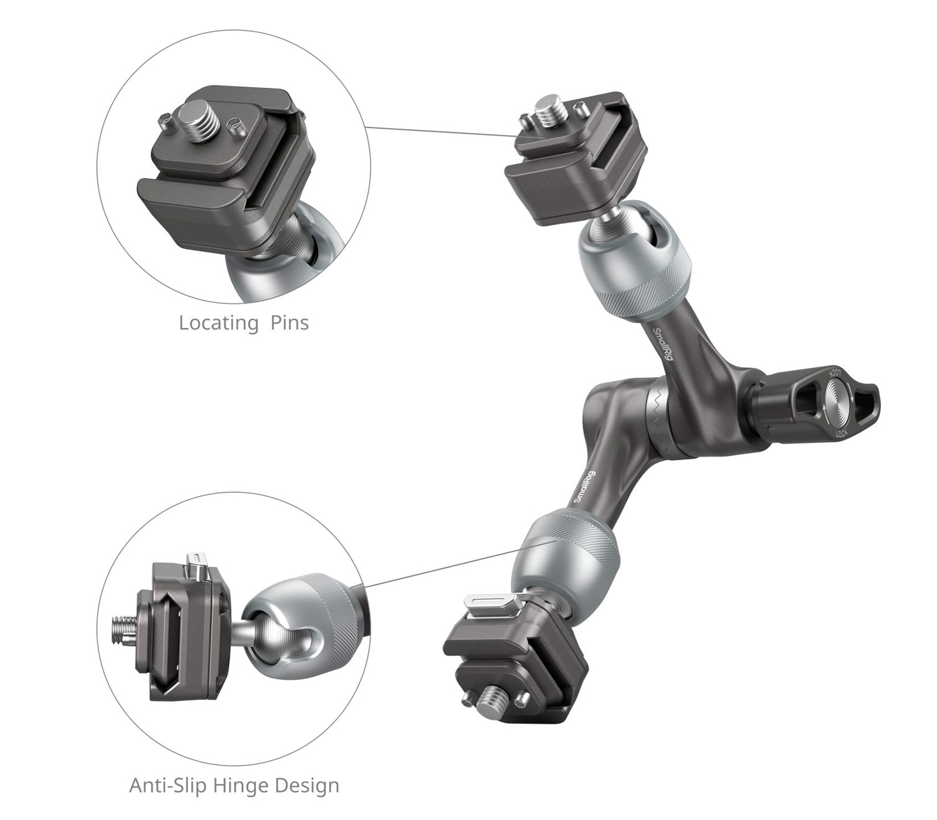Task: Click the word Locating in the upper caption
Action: pyautogui.click(x=218, y=323)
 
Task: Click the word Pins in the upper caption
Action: pyautogui.click(x=289, y=323)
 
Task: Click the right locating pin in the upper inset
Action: pyautogui.click(x=235, y=126)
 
